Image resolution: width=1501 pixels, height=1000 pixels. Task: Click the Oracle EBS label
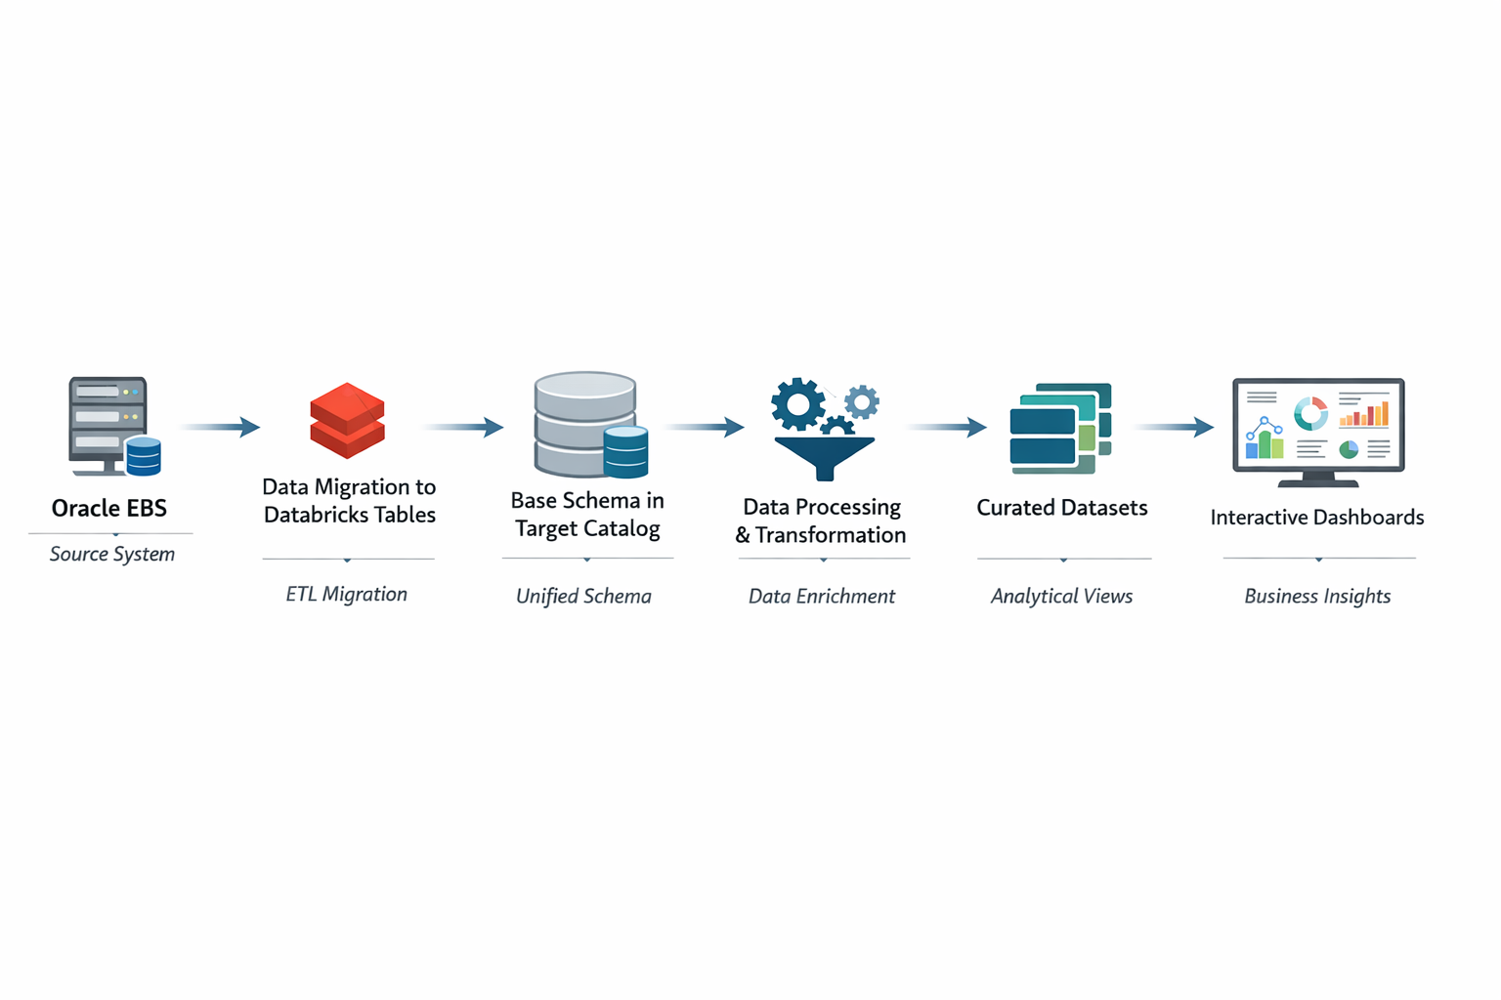point(109,508)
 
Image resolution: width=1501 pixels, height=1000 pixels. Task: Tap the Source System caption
point(112,554)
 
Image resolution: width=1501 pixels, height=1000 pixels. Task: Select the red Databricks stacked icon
point(347,421)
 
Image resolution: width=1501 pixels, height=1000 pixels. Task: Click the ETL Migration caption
point(347,594)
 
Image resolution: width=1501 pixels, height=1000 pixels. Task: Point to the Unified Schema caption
point(583,596)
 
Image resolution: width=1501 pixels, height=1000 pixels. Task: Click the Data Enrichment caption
point(822,596)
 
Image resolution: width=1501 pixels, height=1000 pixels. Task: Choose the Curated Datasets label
point(1062,508)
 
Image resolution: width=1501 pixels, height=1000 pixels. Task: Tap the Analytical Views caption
point(1062,596)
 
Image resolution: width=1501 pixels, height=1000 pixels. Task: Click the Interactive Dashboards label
point(1317,518)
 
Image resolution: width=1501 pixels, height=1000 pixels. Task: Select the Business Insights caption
point(1317,596)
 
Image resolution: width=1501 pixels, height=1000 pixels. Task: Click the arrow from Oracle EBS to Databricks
point(221,427)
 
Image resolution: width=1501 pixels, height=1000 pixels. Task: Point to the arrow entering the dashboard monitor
point(1175,427)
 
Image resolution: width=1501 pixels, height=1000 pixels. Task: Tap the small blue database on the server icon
point(144,456)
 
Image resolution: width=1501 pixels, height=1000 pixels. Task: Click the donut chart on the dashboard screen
point(1310,413)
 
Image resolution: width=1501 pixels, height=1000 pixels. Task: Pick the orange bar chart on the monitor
point(1365,414)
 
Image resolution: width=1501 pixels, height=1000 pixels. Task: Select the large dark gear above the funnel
point(797,403)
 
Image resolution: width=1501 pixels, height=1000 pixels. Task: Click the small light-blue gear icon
point(862,401)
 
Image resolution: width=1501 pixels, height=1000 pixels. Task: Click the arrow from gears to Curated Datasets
point(948,427)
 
